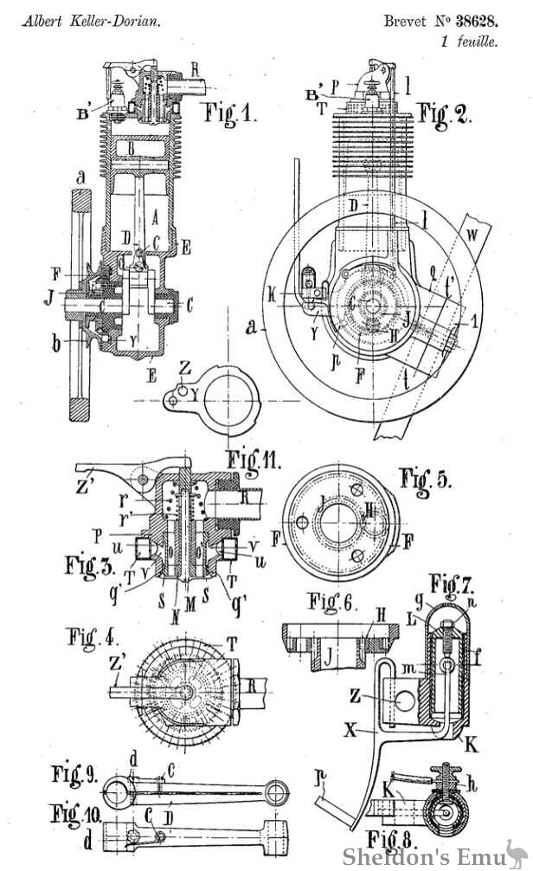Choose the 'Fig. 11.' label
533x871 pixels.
(250, 457)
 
